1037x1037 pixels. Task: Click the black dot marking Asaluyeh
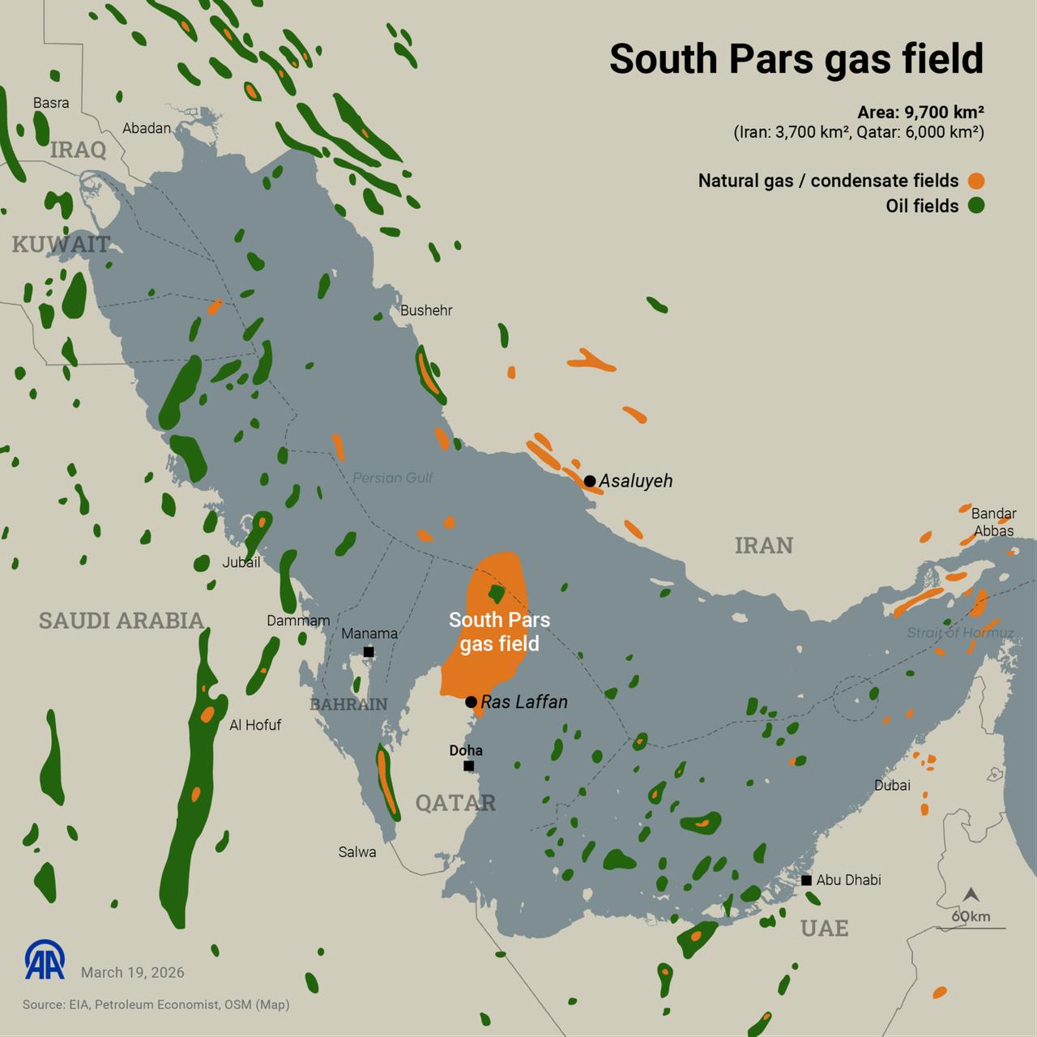point(590,481)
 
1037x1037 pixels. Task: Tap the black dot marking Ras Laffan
point(471,702)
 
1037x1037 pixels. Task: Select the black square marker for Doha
point(468,766)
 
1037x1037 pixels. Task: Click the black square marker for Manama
point(369,651)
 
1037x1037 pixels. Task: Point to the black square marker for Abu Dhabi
point(806,880)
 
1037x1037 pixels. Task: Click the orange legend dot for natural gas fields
point(975,181)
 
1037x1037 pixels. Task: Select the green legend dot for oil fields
point(975,206)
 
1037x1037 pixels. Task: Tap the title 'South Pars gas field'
point(796,59)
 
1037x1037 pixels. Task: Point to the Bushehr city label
point(426,310)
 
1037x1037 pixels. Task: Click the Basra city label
point(51,103)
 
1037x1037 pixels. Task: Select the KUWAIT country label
point(61,244)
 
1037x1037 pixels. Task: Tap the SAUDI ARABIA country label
point(122,621)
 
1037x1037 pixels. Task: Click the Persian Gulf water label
point(393,478)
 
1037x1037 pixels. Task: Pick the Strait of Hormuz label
point(960,633)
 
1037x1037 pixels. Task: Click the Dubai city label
point(892,785)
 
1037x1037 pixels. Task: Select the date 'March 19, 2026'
point(133,972)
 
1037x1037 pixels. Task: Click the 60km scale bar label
point(971,916)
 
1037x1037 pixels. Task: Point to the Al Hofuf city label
point(255,725)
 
